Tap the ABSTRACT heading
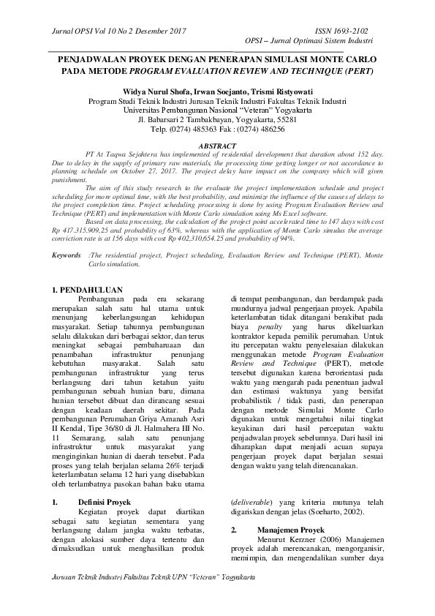pyautogui.click(x=217, y=146)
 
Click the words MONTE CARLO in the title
pyautogui.click(x=336, y=61)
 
